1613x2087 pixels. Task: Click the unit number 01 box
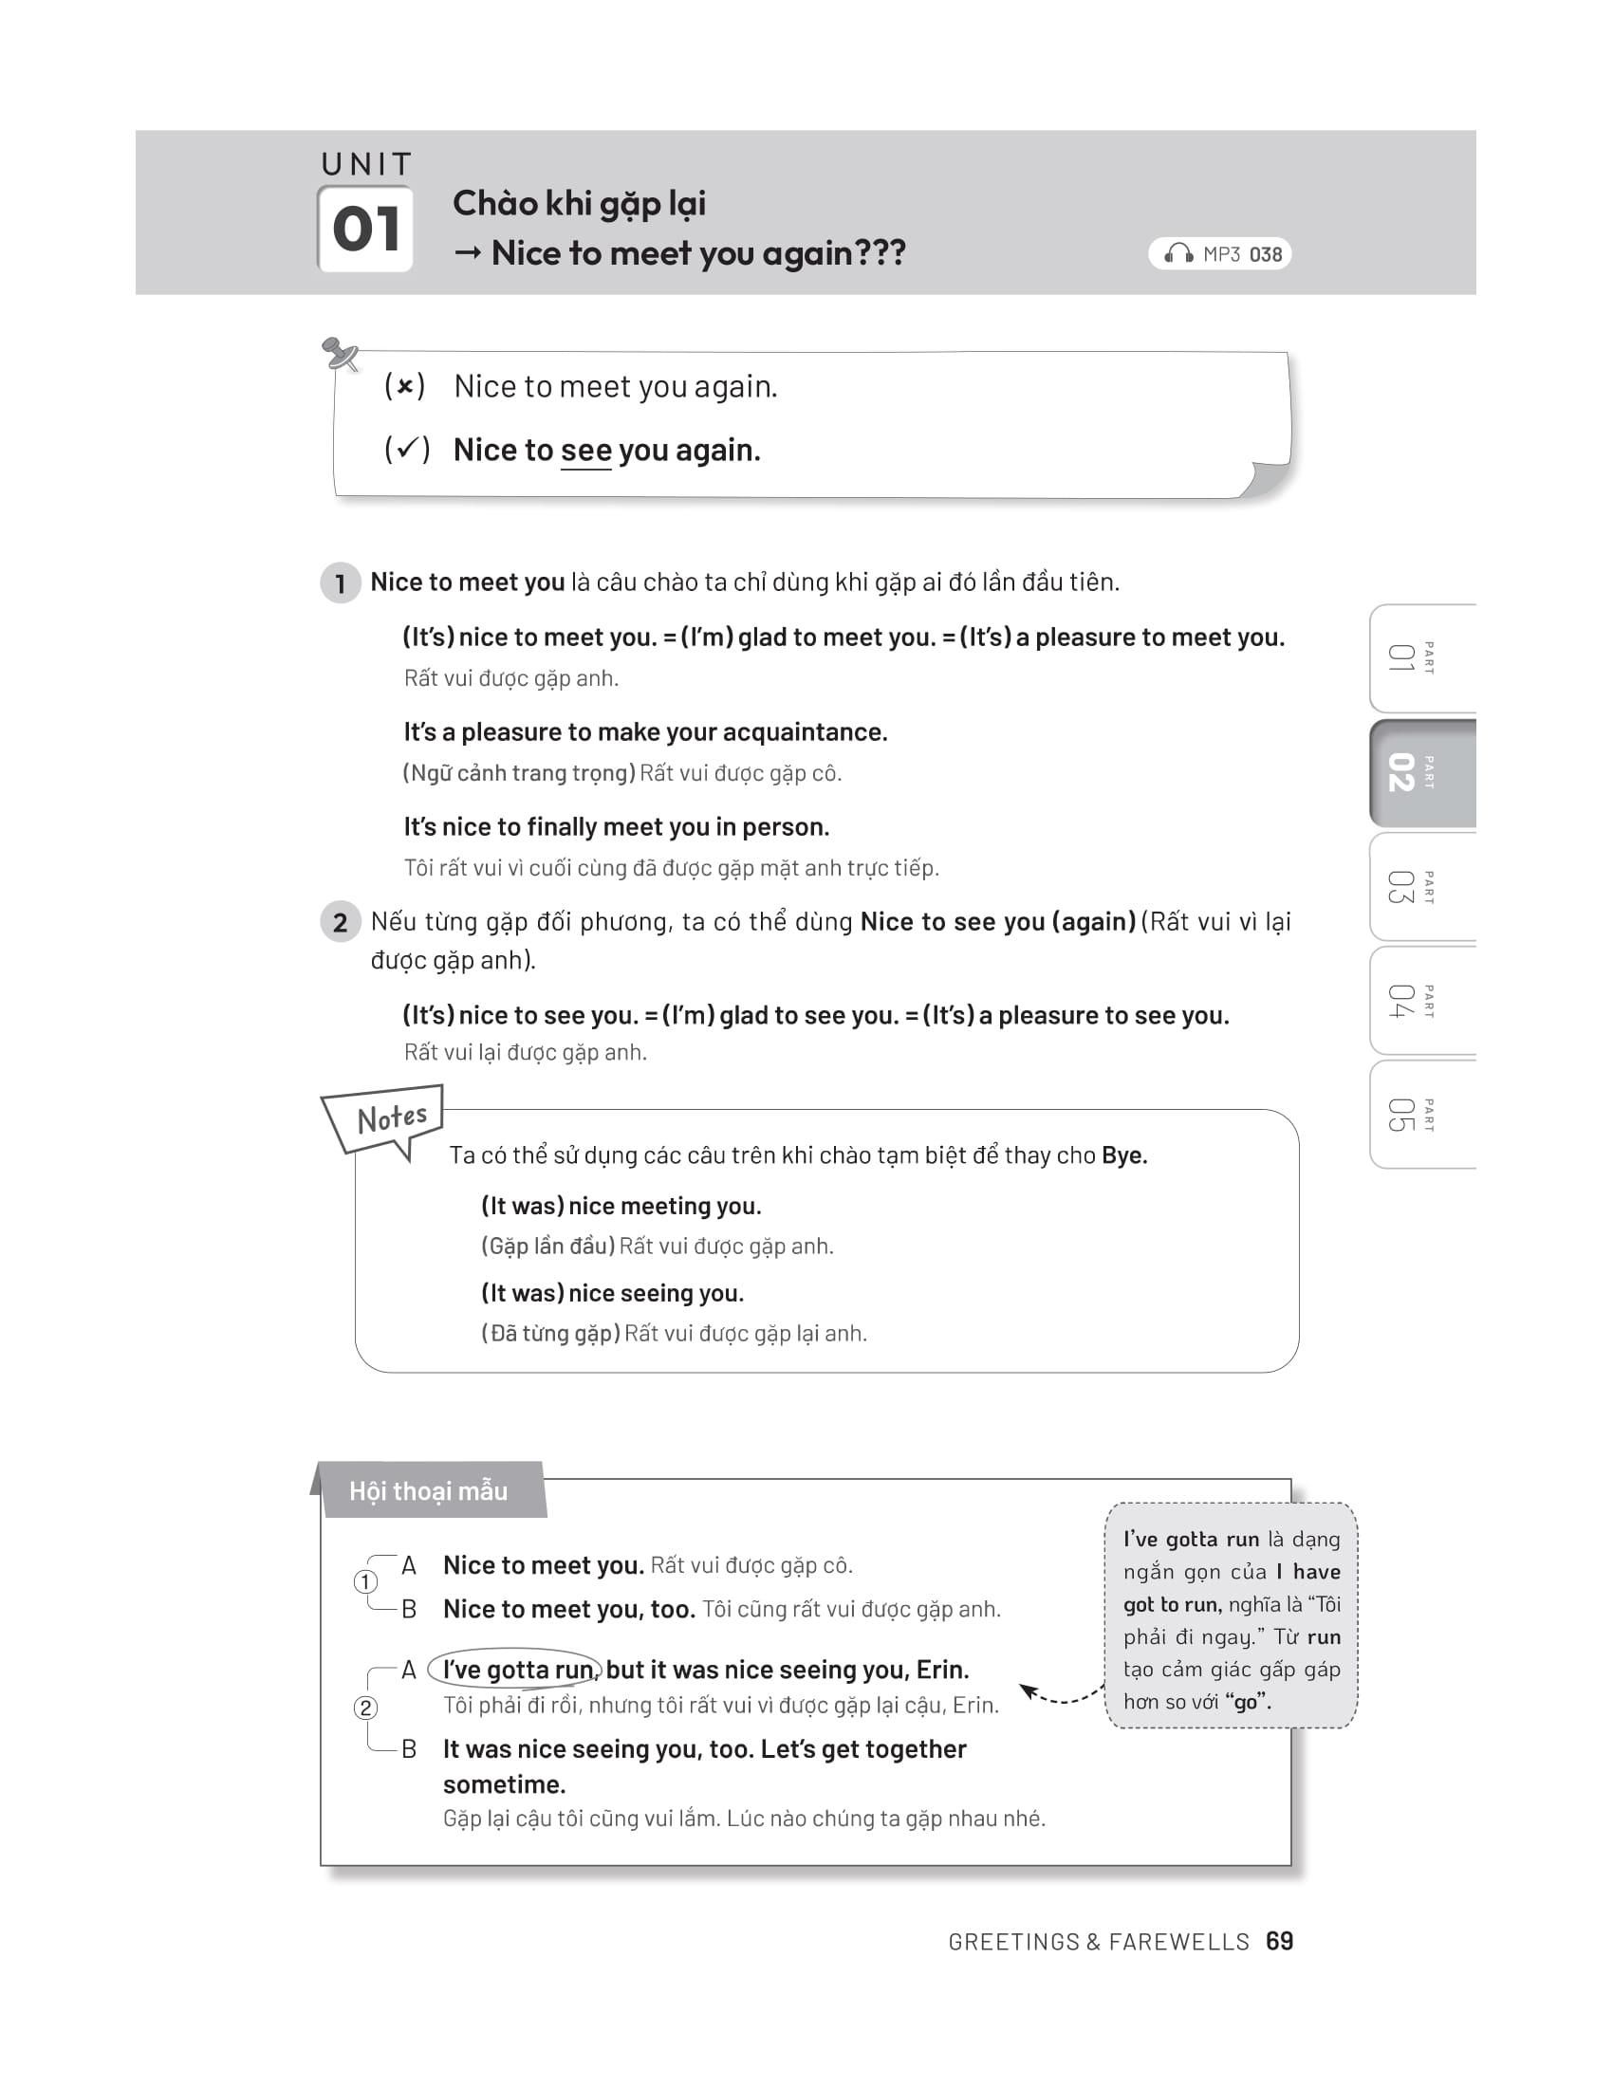point(365,230)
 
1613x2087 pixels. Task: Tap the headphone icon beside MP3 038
point(1178,253)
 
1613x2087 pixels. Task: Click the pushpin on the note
point(340,354)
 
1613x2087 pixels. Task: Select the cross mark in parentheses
point(405,386)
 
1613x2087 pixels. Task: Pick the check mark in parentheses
point(407,449)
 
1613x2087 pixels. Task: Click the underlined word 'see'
point(585,450)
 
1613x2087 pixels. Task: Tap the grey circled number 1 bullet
point(341,582)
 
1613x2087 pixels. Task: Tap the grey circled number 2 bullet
point(341,922)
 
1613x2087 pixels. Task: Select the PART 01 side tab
point(1421,658)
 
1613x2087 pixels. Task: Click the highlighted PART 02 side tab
point(1421,772)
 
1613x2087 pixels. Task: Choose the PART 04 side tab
point(1421,1001)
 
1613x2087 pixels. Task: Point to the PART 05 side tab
point(1421,1115)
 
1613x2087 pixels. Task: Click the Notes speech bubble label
point(390,1119)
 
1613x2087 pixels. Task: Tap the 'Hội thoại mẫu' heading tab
point(428,1490)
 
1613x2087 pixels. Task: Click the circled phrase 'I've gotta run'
point(517,1670)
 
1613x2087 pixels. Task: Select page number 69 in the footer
point(1280,1941)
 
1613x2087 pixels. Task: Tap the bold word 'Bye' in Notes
point(1122,1155)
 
